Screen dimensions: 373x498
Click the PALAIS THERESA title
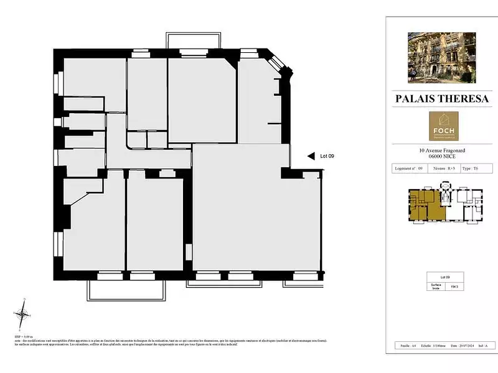tap(441, 99)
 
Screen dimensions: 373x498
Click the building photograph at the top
tap(441, 58)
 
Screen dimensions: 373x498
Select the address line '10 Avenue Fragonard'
tap(441, 150)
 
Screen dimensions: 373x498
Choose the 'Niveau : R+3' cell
tap(442, 168)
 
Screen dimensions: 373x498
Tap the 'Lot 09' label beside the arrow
tap(327, 157)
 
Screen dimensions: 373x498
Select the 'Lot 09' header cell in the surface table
tap(441, 276)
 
